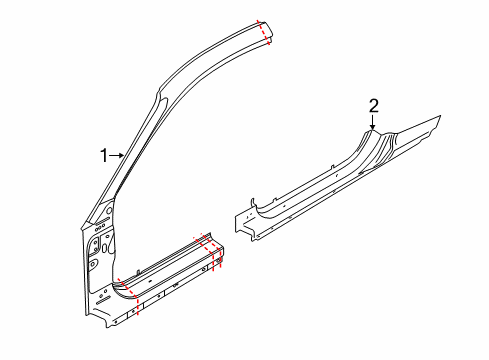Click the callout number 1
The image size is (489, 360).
pyautogui.click(x=104, y=156)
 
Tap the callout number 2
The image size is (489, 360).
pyautogui.click(x=374, y=106)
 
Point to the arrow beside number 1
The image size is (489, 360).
pyautogui.click(x=117, y=155)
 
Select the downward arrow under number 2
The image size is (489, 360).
pyautogui.click(x=373, y=122)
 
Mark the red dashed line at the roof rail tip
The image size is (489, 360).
pyautogui.click(x=263, y=32)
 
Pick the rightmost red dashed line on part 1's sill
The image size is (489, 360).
pyautogui.click(x=218, y=255)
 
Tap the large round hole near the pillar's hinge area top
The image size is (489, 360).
pyautogui.click(x=109, y=210)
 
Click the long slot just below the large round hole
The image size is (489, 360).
pyautogui.click(x=103, y=221)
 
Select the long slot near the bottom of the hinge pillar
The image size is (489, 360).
pyautogui.click(x=104, y=301)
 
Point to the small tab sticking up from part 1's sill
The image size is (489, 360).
pyautogui.click(x=138, y=272)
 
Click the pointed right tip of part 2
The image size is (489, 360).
pyautogui.click(x=440, y=116)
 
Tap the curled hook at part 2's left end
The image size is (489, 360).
pyautogui.click(x=253, y=203)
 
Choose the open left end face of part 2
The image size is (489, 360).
pyautogui.click(x=243, y=223)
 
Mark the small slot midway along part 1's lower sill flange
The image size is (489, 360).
pyautogui.click(x=175, y=284)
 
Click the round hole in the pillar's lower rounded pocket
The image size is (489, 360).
pyautogui.click(x=92, y=263)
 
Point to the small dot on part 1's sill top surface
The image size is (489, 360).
pyautogui.click(x=150, y=280)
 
